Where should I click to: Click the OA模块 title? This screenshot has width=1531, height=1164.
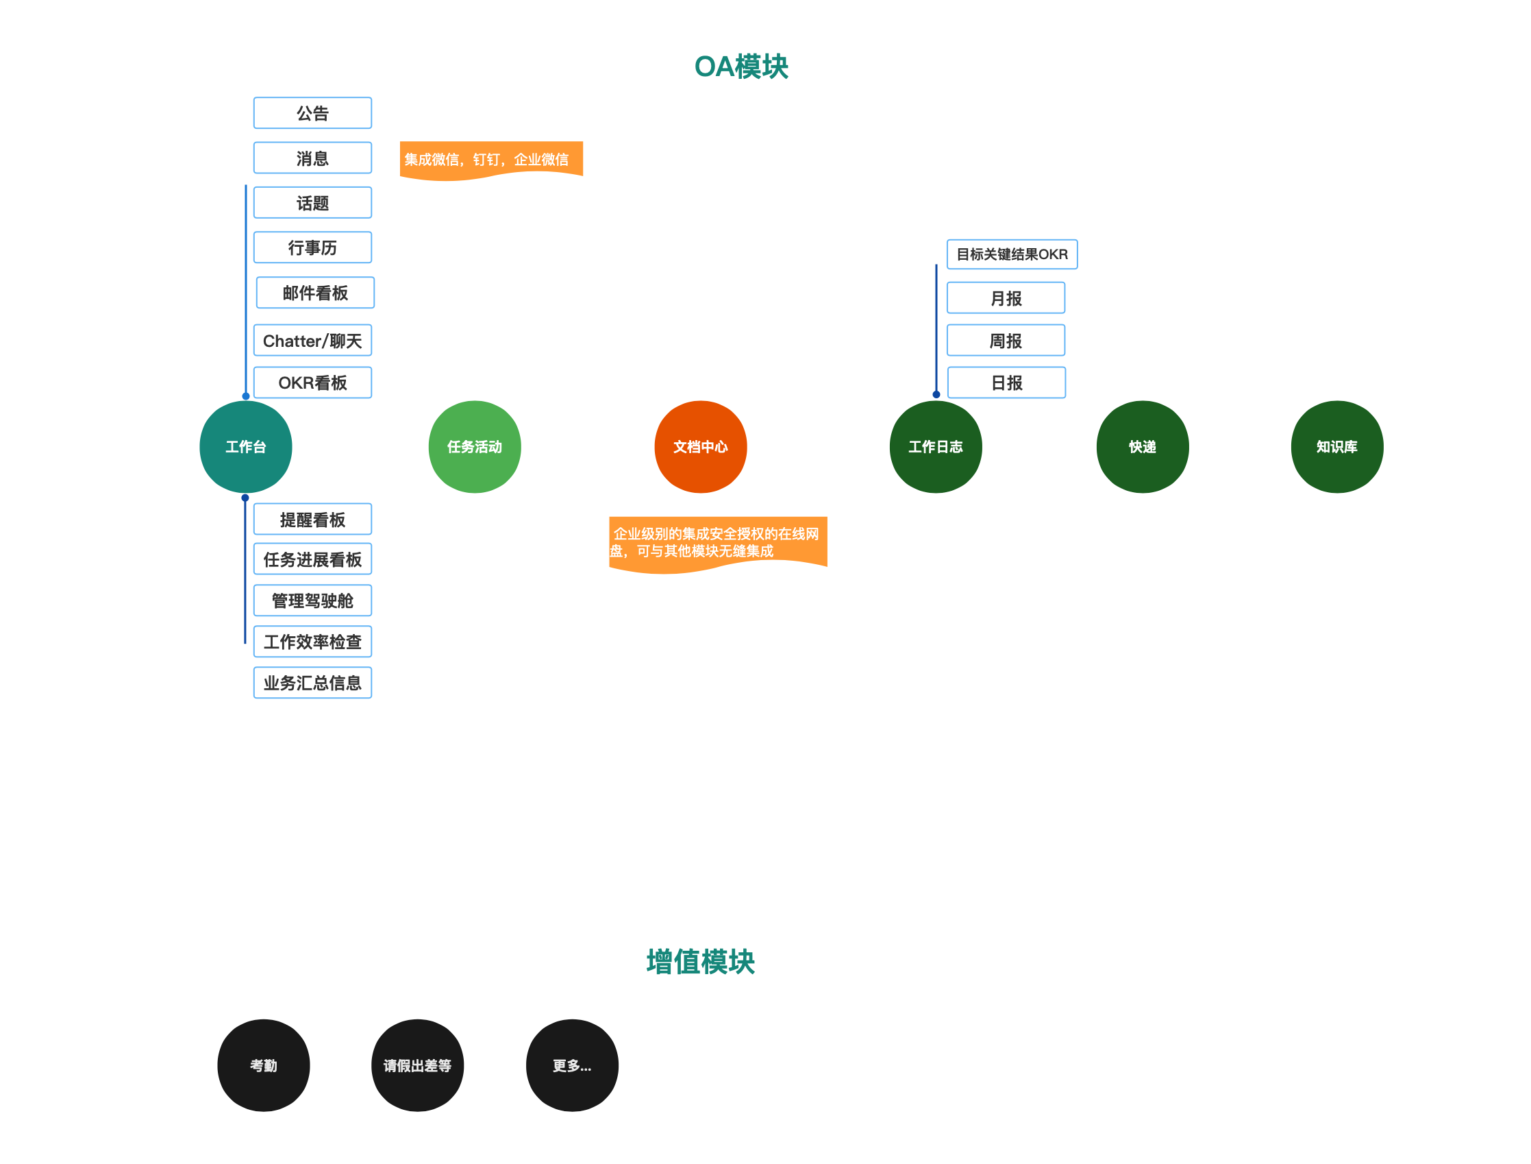pyautogui.click(x=740, y=66)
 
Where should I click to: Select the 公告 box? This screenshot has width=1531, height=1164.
pyautogui.click(x=312, y=113)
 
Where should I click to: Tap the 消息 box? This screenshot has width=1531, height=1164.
pyautogui.click(x=312, y=158)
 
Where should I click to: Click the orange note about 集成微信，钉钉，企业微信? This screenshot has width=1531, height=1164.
pyautogui.click(x=490, y=159)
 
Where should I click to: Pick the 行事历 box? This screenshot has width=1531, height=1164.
pyautogui.click(x=312, y=247)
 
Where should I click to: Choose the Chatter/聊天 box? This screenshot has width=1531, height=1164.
pyautogui.click(x=312, y=340)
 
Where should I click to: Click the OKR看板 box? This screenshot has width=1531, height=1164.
pyautogui.click(x=312, y=383)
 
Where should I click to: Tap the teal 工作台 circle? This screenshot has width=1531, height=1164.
pyautogui.click(x=246, y=447)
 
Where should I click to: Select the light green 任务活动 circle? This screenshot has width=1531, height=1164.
pyautogui.click(x=474, y=447)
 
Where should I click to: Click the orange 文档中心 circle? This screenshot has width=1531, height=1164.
pyautogui.click(x=700, y=447)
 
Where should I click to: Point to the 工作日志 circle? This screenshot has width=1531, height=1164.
pyautogui.click(x=936, y=447)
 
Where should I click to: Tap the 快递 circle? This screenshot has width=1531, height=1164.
pyautogui.click(x=1143, y=447)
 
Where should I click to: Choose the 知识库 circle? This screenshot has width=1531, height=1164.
pyautogui.click(x=1337, y=447)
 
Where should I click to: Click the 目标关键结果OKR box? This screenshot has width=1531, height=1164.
pyautogui.click(x=1012, y=254)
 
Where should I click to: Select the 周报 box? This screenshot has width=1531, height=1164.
pyautogui.click(x=1006, y=340)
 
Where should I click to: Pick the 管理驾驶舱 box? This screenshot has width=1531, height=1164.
pyautogui.click(x=312, y=600)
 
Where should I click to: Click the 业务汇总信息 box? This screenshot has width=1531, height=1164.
pyautogui.click(x=312, y=683)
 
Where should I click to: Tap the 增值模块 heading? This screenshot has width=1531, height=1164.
pyautogui.click(x=700, y=962)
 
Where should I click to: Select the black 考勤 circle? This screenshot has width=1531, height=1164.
pyautogui.click(x=263, y=1065)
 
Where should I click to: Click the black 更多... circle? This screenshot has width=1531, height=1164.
pyautogui.click(x=572, y=1065)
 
